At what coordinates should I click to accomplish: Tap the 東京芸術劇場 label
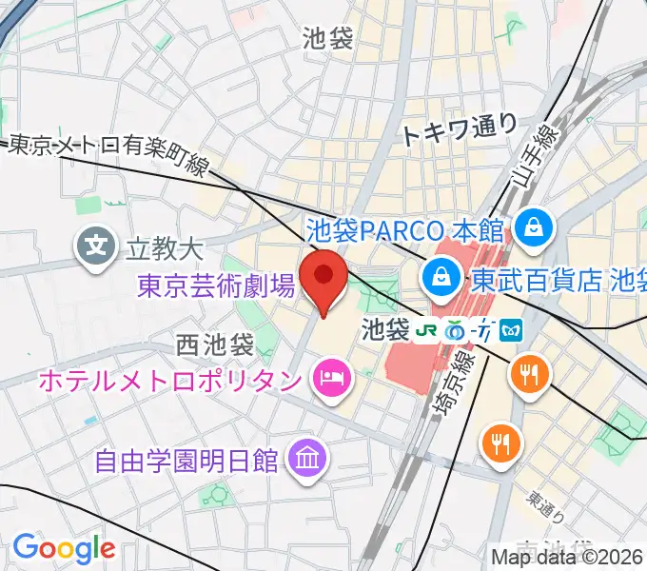coord(215,285)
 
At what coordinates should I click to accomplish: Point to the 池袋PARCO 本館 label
coord(407,228)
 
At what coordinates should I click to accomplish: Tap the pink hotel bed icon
coord(331,381)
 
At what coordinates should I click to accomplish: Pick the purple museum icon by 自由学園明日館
coord(310,460)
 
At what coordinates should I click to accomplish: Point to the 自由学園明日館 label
coord(186,461)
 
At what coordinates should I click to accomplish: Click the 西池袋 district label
coord(215,343)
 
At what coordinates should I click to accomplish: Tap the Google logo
coord(63,548)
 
